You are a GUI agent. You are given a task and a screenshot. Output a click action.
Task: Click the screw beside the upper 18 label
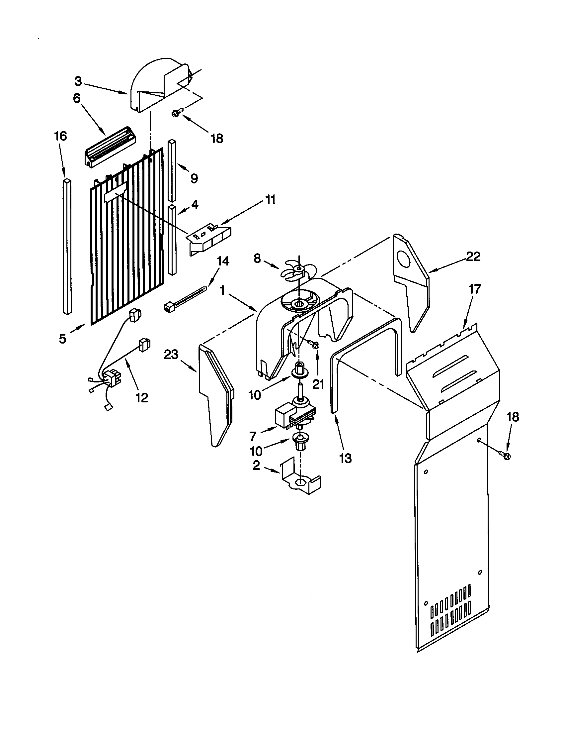(x=177, y=113)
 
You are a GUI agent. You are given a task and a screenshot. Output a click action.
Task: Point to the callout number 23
(x=171, y=354)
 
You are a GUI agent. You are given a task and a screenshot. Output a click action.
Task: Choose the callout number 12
(x=142, y=398)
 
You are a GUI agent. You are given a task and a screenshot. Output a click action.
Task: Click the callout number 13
(x=345, y=458)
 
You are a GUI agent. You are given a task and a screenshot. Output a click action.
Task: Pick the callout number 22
(x=473, y=257)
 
